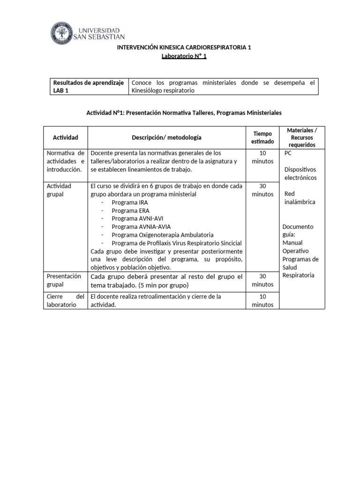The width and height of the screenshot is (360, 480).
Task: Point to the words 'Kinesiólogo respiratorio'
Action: (163, 90)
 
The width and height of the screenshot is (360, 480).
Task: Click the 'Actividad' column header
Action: (66, 137)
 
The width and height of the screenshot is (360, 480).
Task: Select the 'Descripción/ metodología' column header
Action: (166, 137)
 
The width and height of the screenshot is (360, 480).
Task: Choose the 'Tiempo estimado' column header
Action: (262, 137)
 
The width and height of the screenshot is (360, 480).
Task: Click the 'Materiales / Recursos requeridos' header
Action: (302, 137)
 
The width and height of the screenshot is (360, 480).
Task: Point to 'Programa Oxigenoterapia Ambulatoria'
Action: (163, 234)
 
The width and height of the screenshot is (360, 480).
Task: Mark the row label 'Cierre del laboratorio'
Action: (66, 300)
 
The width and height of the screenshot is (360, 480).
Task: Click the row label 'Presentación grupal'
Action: (64, 280)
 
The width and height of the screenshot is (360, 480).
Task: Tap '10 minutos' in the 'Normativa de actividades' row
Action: (262, 157)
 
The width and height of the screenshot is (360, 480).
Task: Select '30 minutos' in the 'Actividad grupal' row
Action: (262, 190)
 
